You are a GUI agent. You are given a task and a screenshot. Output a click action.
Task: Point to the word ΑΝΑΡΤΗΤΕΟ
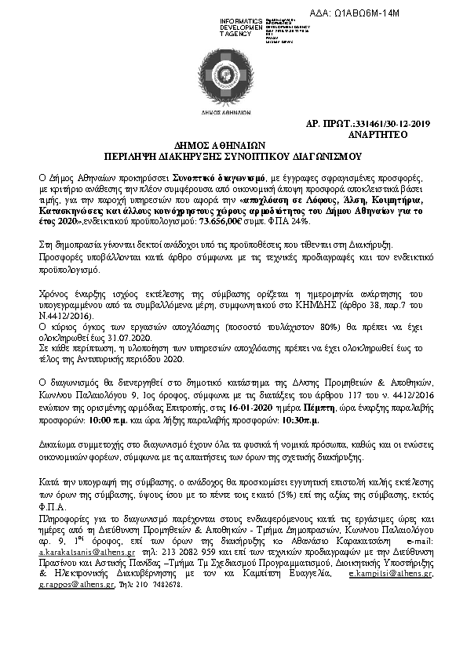click(x=398, y=134)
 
